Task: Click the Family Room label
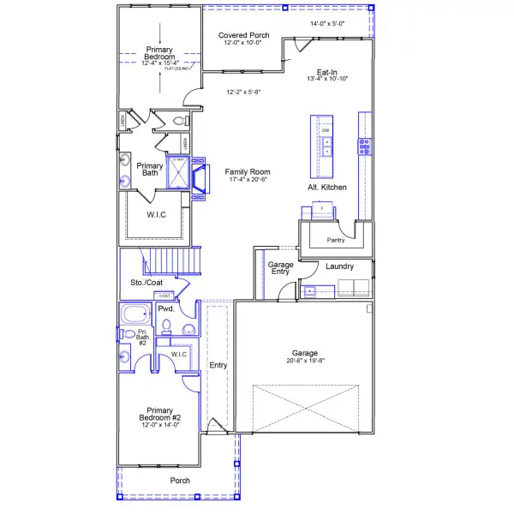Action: point(248,171)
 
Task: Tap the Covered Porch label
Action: point(243,35)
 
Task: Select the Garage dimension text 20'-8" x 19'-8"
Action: point(304,362)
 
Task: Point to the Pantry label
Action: point(336,240)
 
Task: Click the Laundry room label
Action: point(340,266)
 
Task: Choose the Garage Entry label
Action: point(281,269)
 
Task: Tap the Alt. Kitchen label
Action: point(326,187)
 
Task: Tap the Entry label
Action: point(218,365)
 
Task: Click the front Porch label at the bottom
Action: point(179,480)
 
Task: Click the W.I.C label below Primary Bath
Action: point(156,214)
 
